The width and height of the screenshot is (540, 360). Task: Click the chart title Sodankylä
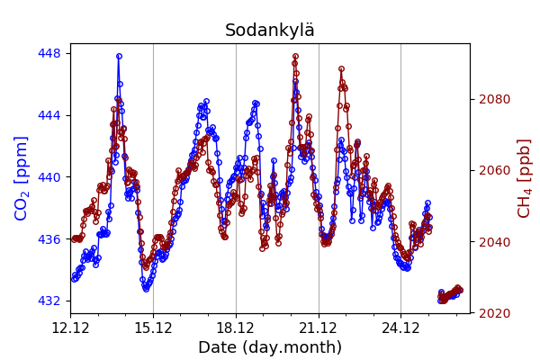pos(270,31)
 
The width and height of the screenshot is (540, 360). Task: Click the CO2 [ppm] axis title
pos(22,178)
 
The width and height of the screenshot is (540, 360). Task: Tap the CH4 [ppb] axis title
pos(525,178)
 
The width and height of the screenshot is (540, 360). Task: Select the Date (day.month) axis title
pos(270,347)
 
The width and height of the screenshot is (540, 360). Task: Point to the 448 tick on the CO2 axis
pos(49,53)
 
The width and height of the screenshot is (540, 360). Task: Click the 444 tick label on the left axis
pos(49,115)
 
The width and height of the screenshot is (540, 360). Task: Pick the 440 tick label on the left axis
pos(49,177)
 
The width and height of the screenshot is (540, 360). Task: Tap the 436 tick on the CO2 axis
pos(49,239)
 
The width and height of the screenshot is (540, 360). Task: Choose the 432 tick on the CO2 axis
pos(49,301)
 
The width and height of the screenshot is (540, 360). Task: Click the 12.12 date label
pos(70,327)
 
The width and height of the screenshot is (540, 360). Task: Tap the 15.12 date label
pos(153,327)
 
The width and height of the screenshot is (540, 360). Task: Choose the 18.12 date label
pos(236,327)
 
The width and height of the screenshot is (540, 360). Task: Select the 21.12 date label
pos(318,327)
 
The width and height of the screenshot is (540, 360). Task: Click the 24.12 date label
pos(400,327)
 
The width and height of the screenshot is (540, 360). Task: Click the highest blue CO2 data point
pos(119,56)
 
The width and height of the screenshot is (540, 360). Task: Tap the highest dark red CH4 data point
pos(295,57)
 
